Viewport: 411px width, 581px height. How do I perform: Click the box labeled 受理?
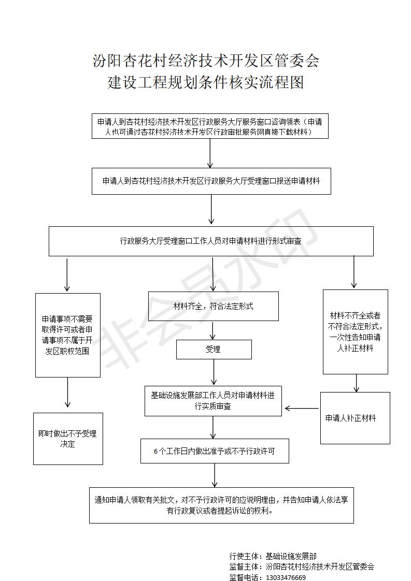coord(214,349)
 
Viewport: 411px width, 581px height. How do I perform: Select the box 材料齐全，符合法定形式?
coord(214,306)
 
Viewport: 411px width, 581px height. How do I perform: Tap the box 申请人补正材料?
coord(355,418)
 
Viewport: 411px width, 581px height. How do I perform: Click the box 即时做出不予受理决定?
coord(68,439)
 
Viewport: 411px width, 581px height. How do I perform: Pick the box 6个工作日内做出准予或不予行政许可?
coord(215,451)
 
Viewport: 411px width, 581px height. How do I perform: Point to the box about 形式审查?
coord(211,241)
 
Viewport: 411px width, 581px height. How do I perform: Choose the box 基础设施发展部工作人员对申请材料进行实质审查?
coord(213,401)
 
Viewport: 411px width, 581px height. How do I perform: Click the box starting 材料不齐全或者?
coord(356,331)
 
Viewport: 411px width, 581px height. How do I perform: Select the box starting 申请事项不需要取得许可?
coord(68,336)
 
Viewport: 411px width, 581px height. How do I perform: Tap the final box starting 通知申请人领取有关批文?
coord(221,505)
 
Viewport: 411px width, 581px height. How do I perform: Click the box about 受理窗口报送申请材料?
coord(211,181)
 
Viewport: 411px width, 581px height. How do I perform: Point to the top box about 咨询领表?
coord(210,127)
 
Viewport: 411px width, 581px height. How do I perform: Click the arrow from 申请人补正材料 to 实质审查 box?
coord(302,409)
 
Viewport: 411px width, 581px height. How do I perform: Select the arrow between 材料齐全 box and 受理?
coord(212,330)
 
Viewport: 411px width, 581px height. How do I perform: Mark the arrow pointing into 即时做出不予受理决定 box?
coord(67,393)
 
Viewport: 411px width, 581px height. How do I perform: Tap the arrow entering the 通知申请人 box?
coord(215,475)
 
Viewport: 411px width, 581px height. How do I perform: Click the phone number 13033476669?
coord(286,577)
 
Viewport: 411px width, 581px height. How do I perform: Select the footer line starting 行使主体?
coord(273,556)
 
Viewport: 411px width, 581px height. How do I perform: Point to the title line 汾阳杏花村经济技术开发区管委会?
coord(205,61)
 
